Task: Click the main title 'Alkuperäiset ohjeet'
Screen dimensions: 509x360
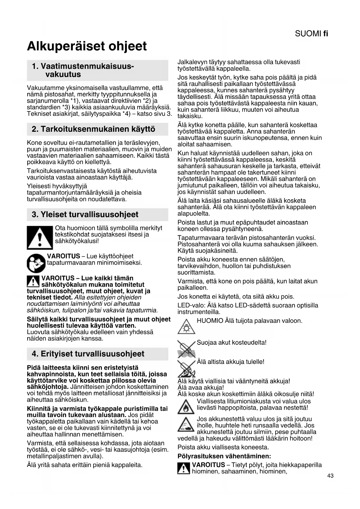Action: click(87, 46)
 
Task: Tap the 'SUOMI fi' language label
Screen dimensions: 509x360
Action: click(311, 34)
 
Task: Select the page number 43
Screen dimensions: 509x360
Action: click(330, 476)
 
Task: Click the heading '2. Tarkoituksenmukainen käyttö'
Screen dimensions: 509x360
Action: click(93, 129)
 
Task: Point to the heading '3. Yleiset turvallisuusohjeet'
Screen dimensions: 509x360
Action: click(85, 214)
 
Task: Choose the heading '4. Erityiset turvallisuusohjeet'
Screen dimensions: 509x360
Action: click(88, 354)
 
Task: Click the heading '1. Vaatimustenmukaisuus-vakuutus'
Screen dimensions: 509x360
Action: click(83, 70)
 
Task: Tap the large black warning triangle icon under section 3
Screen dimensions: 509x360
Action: click(40, 237)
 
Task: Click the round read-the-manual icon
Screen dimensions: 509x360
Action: click(36, 263)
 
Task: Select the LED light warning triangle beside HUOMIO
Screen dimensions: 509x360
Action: click(186, 327)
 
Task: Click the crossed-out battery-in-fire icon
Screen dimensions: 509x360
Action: click(186, 368)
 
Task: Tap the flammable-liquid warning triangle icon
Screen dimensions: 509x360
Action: click(186, 406)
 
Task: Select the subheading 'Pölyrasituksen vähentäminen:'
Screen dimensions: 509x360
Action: click(224, 456)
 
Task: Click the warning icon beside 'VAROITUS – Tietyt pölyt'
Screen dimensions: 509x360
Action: click(184, 468)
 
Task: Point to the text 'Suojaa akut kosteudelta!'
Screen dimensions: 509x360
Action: click(231, 342)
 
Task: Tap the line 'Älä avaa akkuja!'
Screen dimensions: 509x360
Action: click(201, 387)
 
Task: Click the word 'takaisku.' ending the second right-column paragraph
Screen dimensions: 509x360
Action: click(190, 116)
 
